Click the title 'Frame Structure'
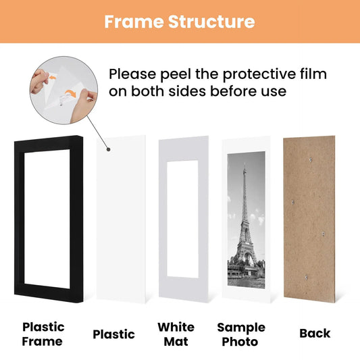click(x=180, y=22)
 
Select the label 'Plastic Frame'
click(x=43, y=334)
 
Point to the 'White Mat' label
click(x=176, y=334)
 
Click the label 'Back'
click(x=315, y=333)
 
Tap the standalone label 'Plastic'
click(x=113, y=334)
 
